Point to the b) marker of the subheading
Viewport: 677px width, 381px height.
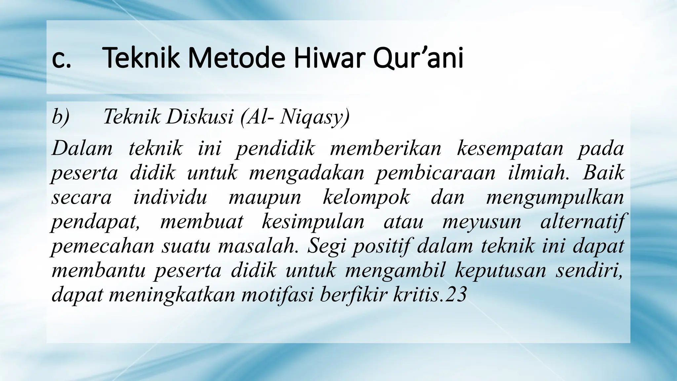pos(60,117)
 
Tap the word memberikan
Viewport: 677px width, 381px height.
pos(385,148)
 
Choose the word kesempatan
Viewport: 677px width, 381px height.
pos(510,148)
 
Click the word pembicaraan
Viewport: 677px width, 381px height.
pos(435,173)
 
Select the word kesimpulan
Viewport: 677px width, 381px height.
pos(313,222)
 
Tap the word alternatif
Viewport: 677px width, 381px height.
pos(582,222)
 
